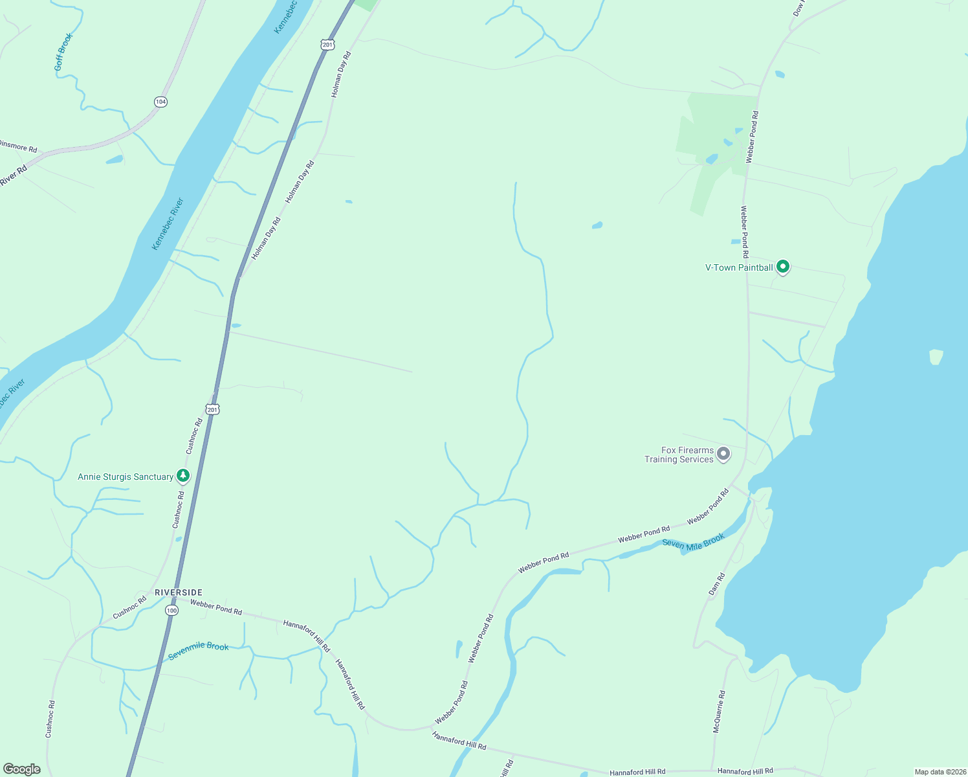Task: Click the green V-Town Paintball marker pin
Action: (x=782, y=266)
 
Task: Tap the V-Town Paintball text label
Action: (x=739, y=267)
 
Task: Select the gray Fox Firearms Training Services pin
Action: (x=723, y=454)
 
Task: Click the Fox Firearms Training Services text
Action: (x=679, y=455)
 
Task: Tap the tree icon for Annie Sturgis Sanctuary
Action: (x=183, y=476)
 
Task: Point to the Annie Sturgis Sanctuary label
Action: (x=126, y=477)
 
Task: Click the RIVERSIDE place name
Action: (x=179, y=592)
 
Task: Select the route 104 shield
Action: (x=160, y=102)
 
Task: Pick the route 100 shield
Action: (x=171, y=611)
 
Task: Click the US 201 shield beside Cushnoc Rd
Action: (x=213, y=409)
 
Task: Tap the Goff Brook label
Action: (x=63, y=52)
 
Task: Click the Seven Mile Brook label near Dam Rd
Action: (x=693, y=542)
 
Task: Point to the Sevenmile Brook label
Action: (x=198, y=651)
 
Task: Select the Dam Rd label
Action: (x=717, y=584)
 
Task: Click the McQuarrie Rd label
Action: (x=719, y=712)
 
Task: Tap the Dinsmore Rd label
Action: (x=18, y=146)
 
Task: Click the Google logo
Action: (x=21, y=769)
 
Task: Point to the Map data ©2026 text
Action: (x=939, y=772)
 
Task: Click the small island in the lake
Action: (x=936, y=357)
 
